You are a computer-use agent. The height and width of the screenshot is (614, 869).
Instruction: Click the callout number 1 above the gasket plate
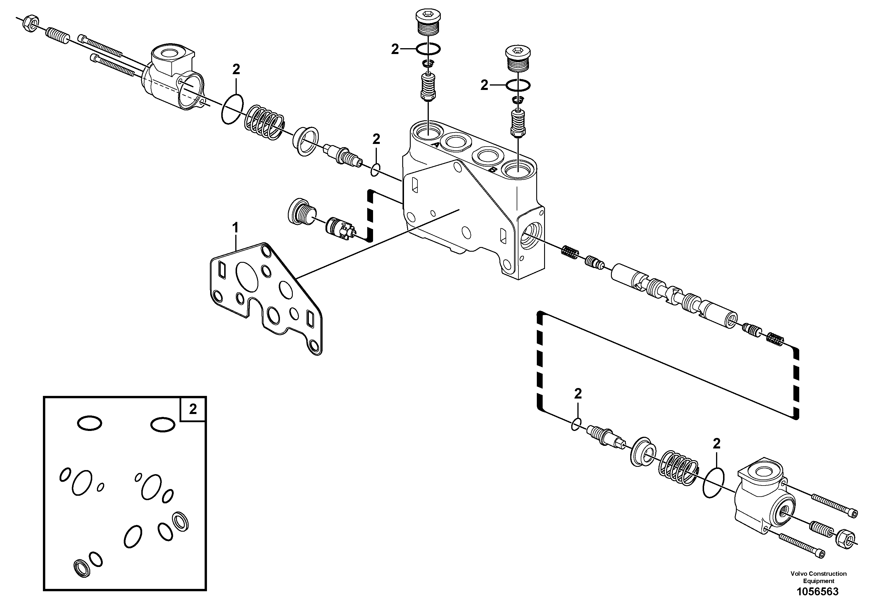pos(235,228)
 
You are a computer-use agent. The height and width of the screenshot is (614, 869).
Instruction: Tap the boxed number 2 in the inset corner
pos(193,409)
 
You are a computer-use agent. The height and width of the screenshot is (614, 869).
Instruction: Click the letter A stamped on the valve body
pos(436,145)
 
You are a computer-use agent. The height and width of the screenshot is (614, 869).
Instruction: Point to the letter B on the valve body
pos(492,170)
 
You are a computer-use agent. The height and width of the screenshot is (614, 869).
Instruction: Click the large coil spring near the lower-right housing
pos(678,468)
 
